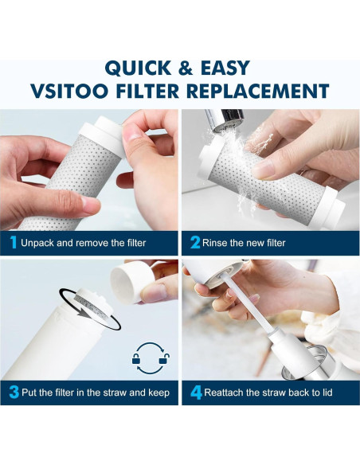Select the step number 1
coord(12,243)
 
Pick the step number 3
coord(13,393)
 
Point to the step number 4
coord(195,393)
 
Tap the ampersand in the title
coord(186,67)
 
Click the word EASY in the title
coord(224,67)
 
